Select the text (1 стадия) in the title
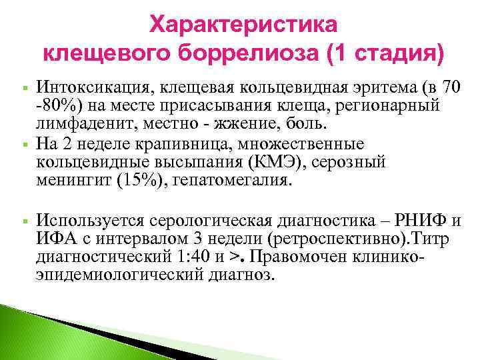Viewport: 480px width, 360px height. point(385,52)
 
